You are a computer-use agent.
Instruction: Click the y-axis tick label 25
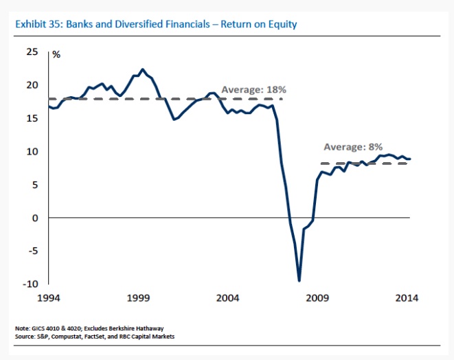click(x=32, y=52)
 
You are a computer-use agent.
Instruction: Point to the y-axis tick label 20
click(x=32, y=85)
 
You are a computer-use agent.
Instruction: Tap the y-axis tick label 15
click(x=32, y=118)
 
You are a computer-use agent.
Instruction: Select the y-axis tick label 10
click(x=32, y=151)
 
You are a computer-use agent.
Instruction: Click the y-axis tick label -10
click(x=31, y=284)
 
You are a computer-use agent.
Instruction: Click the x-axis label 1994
click(x=50, y=298)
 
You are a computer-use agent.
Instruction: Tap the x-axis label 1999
click(x=139, y=298)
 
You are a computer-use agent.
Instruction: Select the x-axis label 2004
click(x=228, y=298)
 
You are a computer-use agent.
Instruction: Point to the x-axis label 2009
click(x=317, y=298)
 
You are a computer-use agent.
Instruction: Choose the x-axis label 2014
click(x=405, y=298)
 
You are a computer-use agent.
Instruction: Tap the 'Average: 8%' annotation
click(x=353, y=147)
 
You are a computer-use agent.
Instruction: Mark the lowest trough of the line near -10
click(x=299, y=280)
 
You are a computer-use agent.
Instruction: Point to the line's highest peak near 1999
click(x=142, y=69)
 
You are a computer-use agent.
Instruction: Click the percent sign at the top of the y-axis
click(x=56, y=54)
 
